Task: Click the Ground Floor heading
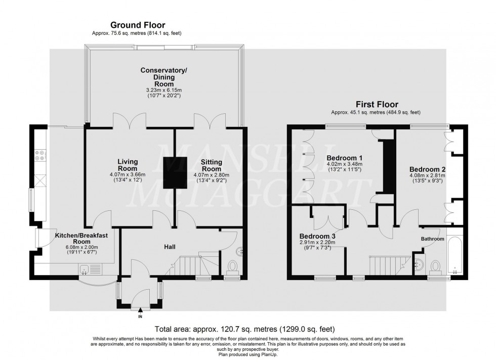click(138, 25)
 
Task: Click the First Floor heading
click(376, 105)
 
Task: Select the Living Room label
click(128, 165)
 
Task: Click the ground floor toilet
click(232, 266)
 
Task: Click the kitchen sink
click(86, 269)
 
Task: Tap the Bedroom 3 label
click(317, 236)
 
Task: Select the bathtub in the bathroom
click(454, 255)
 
